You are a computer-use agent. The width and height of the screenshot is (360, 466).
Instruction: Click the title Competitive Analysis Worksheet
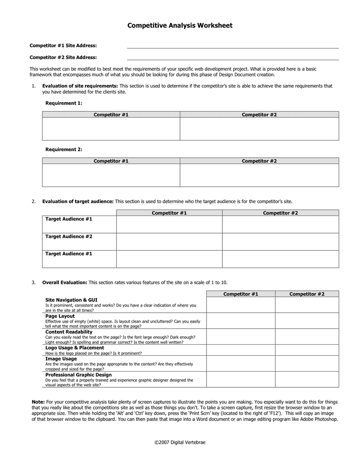[180, 25]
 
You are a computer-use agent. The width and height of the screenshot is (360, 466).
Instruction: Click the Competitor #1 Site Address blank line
[233, 48]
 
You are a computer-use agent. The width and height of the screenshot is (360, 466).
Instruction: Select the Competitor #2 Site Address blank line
[233, 59]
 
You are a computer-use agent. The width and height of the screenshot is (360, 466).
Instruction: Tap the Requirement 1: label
[64, 103]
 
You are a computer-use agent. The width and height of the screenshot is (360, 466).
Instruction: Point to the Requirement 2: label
[64, 150]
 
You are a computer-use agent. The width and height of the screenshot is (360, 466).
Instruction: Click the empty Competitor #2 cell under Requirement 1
[259, 128]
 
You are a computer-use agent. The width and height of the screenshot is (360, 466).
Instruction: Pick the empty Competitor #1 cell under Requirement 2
[111, 175]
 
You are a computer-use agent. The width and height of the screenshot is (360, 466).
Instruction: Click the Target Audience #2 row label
[69, 237]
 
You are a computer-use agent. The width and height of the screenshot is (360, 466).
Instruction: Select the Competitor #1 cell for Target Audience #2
[169, 241]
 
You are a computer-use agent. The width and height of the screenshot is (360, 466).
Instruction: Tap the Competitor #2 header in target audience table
[280, 213]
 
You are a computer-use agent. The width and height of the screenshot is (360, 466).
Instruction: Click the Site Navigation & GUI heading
[71, 300]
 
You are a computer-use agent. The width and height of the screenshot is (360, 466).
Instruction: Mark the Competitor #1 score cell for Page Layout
[241, 321]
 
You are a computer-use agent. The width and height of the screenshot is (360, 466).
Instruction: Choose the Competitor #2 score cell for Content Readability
[307, 337]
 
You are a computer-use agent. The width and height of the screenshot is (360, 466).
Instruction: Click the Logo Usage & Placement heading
[74, 348]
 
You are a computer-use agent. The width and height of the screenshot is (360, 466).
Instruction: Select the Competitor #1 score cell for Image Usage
[241, 363]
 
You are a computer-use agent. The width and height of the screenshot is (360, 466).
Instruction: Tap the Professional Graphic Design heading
[78, 375]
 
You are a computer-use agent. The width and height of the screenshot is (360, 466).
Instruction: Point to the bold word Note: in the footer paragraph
[38, 402]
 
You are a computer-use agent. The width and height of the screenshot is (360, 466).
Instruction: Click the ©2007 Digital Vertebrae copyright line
[180, 443]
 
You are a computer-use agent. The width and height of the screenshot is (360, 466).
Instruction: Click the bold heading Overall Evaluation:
[65, 283]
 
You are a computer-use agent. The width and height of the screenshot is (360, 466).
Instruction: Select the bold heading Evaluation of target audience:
[78, 201]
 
